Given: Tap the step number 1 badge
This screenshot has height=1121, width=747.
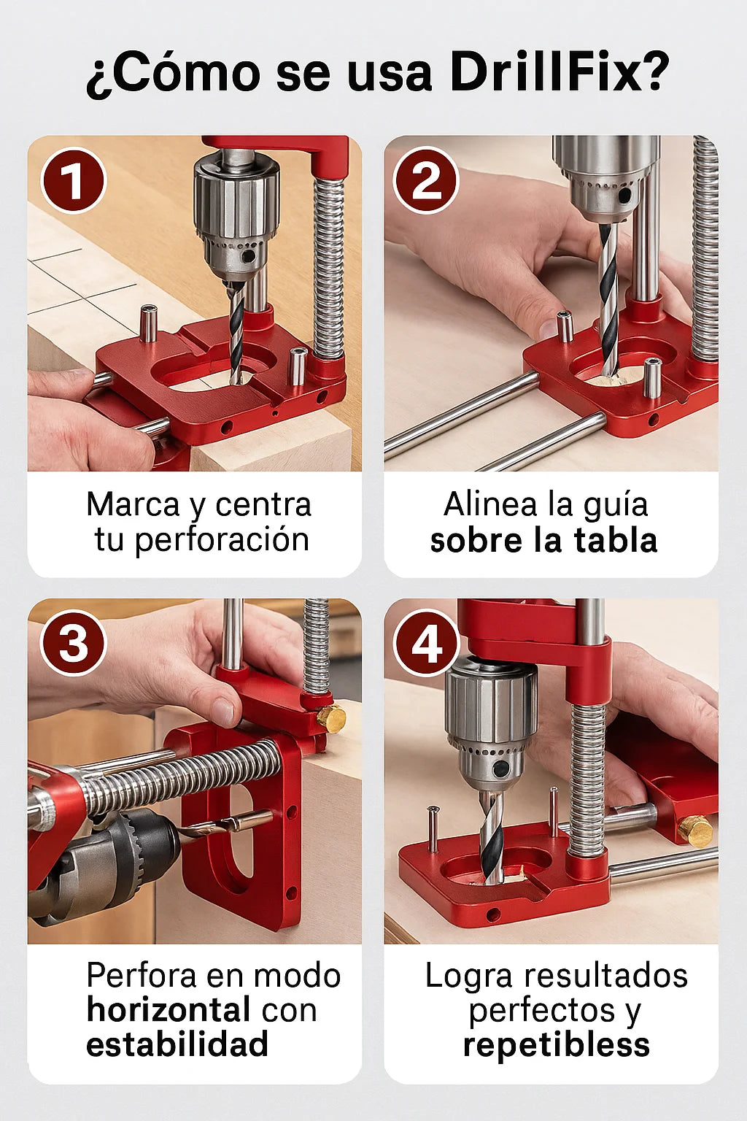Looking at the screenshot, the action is [x=74, y=181].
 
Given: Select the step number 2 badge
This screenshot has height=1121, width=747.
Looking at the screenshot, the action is [x=426, y=180].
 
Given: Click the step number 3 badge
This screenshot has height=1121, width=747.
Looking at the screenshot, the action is [x=74, y=642].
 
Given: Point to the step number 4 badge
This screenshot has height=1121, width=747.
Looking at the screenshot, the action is [x=426, y=642].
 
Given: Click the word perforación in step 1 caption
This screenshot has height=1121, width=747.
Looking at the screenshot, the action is [x=222, y=541].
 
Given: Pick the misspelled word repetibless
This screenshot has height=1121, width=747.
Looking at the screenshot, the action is [x=557, y=1045].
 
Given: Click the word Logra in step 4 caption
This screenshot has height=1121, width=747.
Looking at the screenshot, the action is [x=469, y=976].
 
